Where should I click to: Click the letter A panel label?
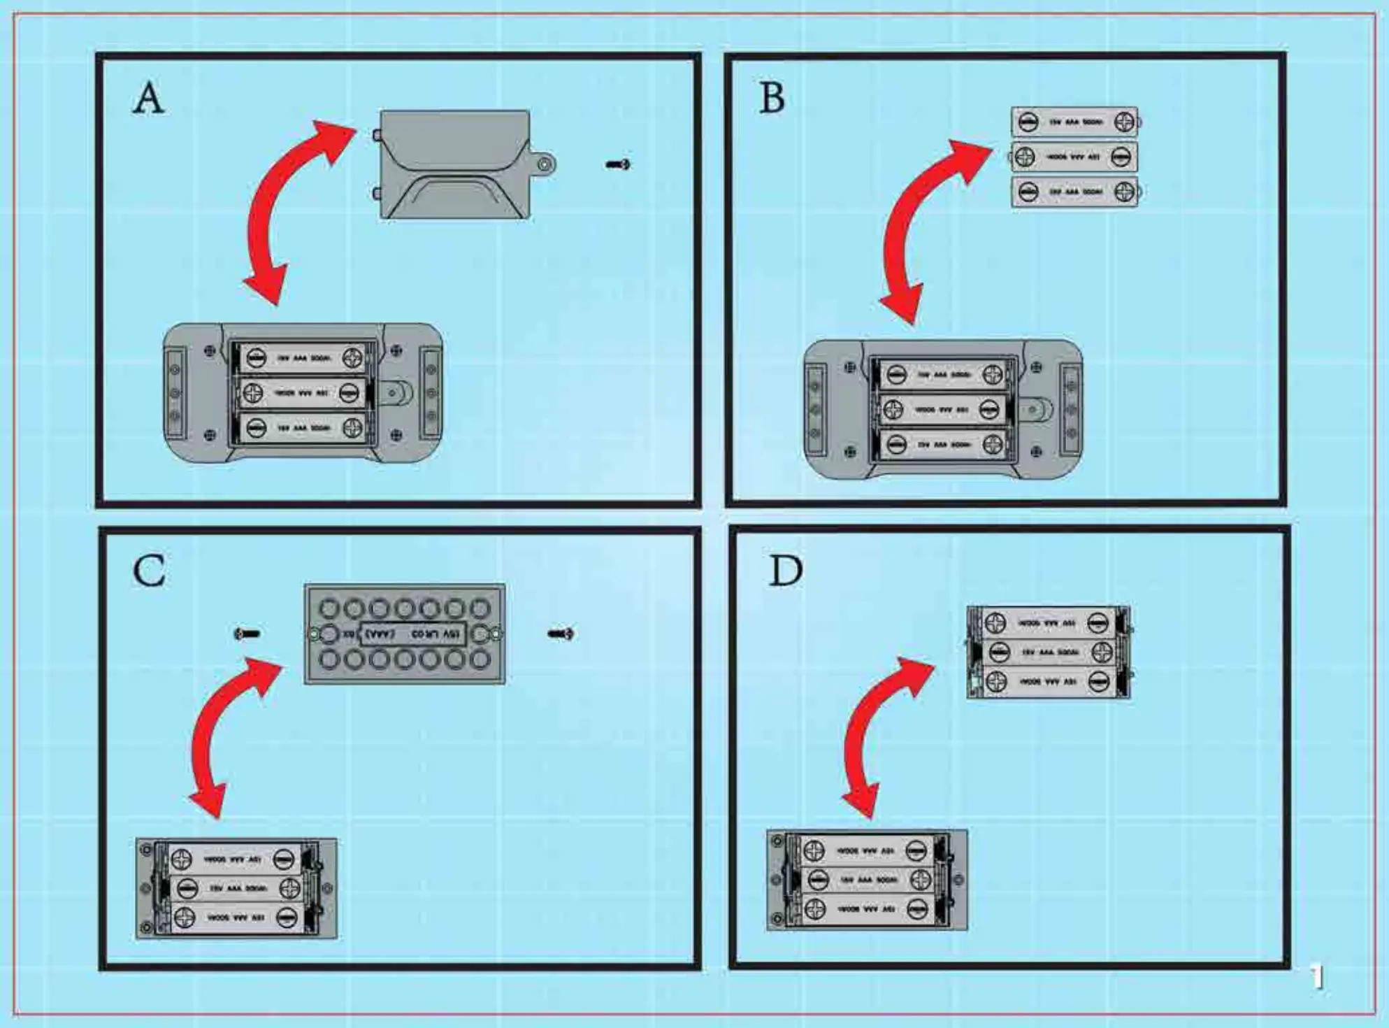[x=149, y=98]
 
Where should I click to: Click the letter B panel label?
[x=772, y=98]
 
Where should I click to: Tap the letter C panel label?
[x=149, y=571]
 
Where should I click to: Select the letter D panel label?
[x=785, y=571]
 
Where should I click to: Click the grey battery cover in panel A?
[x=454, y=165]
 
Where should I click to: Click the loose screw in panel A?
[x=618, y=164]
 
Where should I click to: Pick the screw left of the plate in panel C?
[x=247, y=634]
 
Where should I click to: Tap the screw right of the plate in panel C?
[x=561, y=634]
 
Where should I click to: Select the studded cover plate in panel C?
[x=404, y=634]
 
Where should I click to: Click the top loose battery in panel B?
[x=1074, y=122]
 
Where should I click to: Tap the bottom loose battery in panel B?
[x=1074, y=192]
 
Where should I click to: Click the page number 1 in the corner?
[x=1317, y=977]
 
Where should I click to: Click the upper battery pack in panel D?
[x=1048, y=652]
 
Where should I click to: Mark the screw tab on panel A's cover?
[x=544, y=164]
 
